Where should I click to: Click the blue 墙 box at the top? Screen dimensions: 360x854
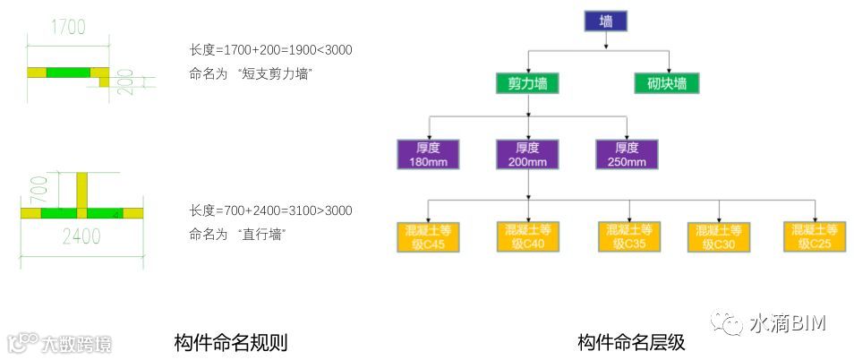pos(606,21)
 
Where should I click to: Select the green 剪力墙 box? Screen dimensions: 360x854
pos(528,83)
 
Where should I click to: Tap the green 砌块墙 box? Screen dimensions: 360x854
pos(667,83)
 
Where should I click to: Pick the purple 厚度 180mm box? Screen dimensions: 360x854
pos(427,154)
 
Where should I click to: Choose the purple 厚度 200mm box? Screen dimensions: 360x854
pos(527,154)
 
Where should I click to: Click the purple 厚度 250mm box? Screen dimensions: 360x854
pos(627,154)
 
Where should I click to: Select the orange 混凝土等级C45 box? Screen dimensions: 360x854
pos(427,236)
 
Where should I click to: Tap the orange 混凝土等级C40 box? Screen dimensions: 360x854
pos(527,236)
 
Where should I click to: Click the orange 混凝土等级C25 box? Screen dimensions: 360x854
pos(816,236)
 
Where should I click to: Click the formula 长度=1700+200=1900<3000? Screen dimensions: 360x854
pos(270,50)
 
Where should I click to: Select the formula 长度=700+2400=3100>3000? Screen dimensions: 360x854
pos(270,211)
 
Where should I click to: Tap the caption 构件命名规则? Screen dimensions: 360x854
pos(230,342)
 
